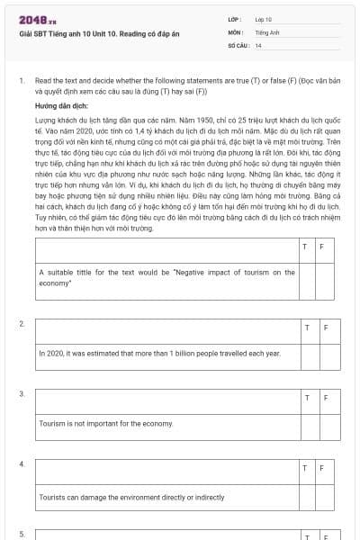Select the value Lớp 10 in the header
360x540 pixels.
click(263, 18)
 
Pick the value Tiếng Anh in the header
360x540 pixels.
click(266, 31)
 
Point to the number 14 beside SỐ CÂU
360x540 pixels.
click(258, 44)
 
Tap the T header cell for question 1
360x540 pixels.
click(305, 246)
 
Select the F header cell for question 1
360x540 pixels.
click(321, 246)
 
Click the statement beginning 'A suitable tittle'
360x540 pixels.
click(166, 276)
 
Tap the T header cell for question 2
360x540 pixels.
click(305, 327)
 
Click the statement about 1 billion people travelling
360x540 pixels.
click(160, 354)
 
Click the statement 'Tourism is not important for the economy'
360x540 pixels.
click(105, 423)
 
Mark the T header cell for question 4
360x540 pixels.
click(305, 468)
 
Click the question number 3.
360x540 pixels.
click(22, 393)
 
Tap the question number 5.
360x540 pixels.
click(22, 534)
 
